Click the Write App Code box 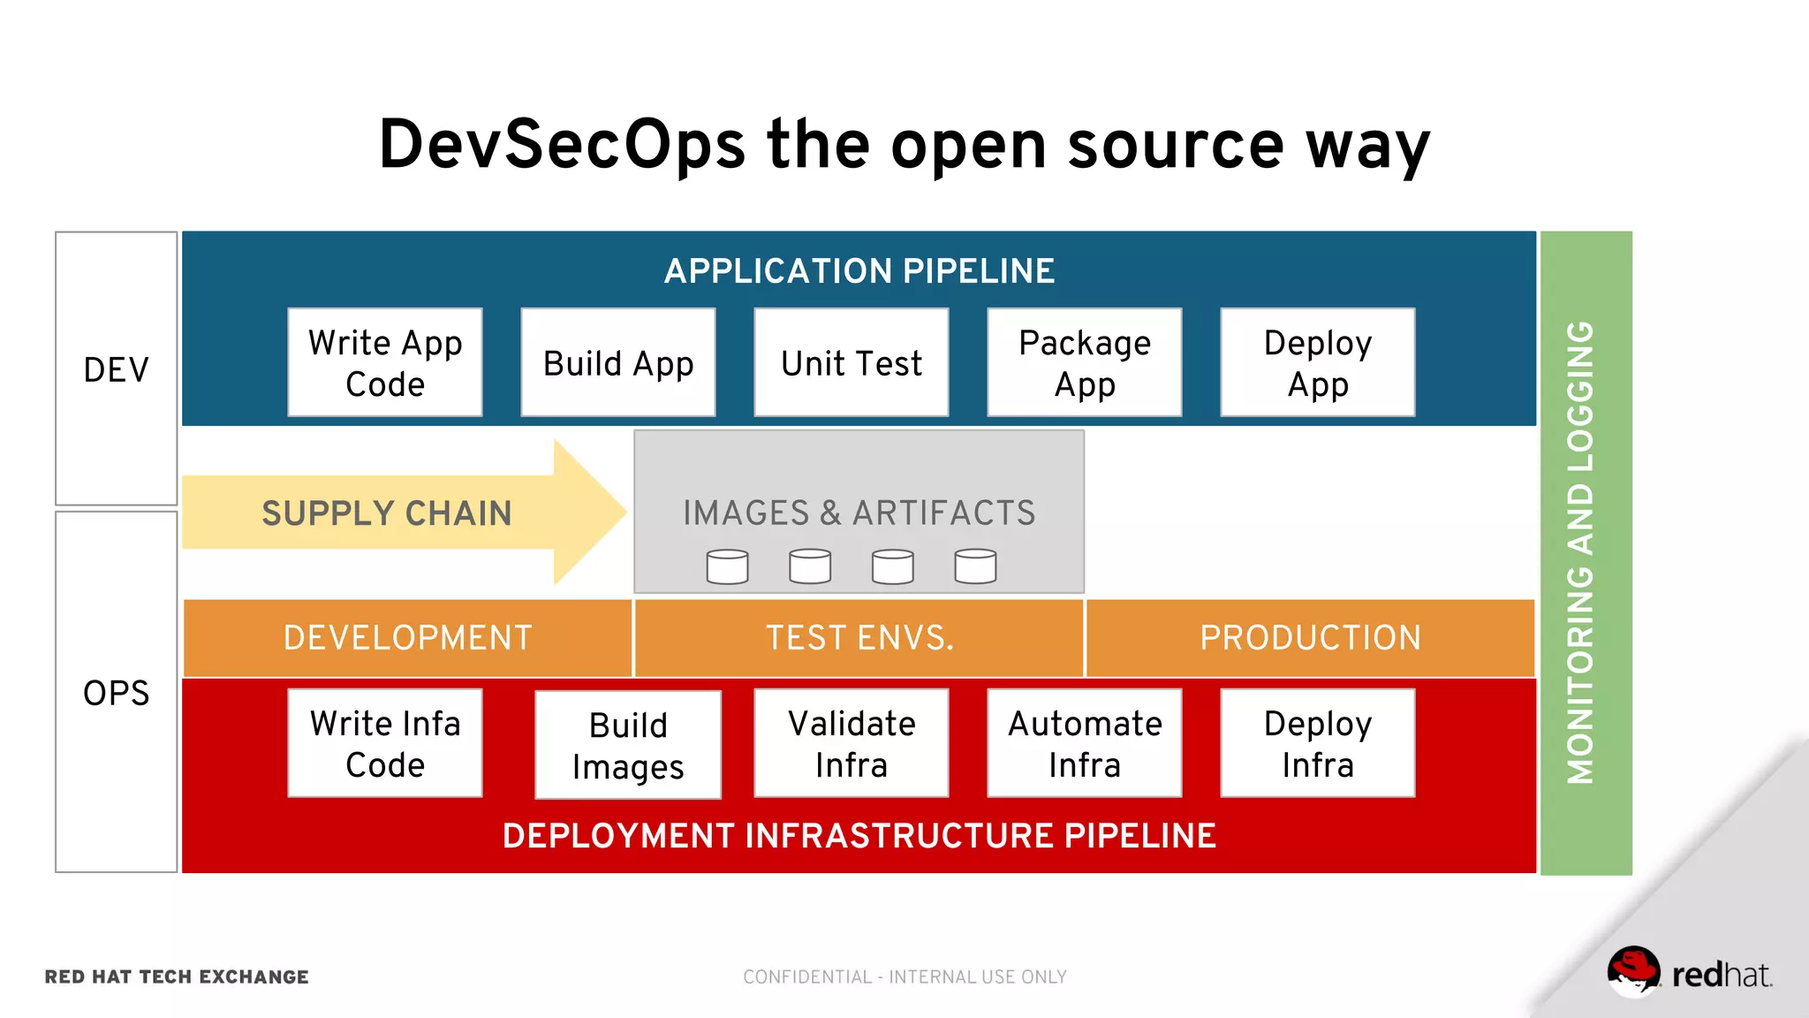click(385, 362)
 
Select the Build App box click(618, 362)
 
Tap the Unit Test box click(852, 362)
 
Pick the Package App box click(1085, 362)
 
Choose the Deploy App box click(1318, 362)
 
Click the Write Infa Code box click(385, 743)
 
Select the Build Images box click(628, 745)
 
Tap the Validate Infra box click(852, 743)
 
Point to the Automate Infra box click(1085, 743)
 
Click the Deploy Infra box click(1318, 743)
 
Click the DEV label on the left click(117, 369)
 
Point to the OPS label click(117, 693)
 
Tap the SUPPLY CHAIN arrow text click(387, 513)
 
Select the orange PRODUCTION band click(1310, 638)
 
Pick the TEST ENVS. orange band click(859, 638)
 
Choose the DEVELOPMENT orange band click(407, 638)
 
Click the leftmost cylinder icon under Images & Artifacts click(727, 566)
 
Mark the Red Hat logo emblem click(1633, 971)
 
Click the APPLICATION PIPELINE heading click(859, 271)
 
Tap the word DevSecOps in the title click(562, 144)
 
